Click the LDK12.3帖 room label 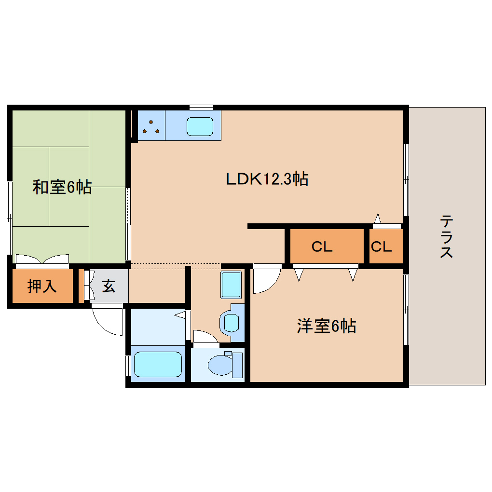(x=267, y=179)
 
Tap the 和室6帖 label (x=62, y=187)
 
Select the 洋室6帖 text (x=326, y=327)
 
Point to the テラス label (x=446, y=237)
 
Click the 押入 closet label (x=42, y=287)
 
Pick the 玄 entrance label (x=109, y=287)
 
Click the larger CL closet (x=322, y=247)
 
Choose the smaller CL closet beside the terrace (x=381, y=247)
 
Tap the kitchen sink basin (x=200, y=127)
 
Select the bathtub (x=157, y=364)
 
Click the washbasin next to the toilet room (x=232, y=322)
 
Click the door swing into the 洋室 (x=265, y=279)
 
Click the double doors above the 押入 (x=42, y=260)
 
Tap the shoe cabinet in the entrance (x=88, y=287)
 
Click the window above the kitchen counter (x=201, y=107)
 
